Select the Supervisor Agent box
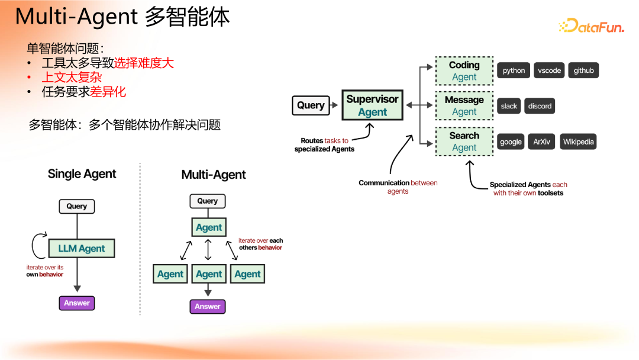tap(372, 105)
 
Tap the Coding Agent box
tap(464, 71)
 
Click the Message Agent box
tap(464, 106)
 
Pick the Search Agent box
tap(464, 142)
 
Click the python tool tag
tap(514, 70)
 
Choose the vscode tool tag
tap(549, 70)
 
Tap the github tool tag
tap(583, 70)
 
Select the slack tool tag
tap(509, 106)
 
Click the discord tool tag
tap(540, 106)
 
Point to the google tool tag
tap(511, 142)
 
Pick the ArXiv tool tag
tap(541, 142)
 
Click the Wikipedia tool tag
tap(577, 142)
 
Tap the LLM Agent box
tap(81, 249)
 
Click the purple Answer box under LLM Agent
tap(77, 303)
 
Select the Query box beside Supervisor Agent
tap(311, 105)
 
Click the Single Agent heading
tap(82, 174)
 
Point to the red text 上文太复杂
tap(72, 78)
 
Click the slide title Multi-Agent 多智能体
tap(122, 17)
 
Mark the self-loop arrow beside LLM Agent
tap(37, 243)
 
